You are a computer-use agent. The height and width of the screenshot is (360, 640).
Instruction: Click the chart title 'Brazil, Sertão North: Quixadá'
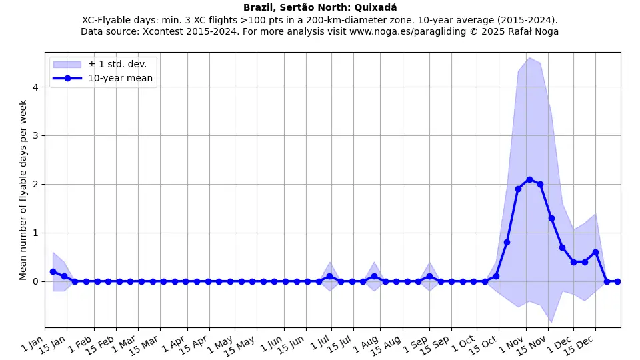(320, 7)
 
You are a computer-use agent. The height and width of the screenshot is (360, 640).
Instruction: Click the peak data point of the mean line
(529, 179)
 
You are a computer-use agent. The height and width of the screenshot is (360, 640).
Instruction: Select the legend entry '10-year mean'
(120, 78)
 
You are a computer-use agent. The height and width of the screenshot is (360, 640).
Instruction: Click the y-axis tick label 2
(37, 184)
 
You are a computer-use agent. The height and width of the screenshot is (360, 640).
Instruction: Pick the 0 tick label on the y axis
(37, 281)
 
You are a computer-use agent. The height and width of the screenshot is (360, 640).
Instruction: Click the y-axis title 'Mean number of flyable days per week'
(23, 190)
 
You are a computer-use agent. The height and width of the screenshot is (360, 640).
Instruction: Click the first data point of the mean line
(53, 271)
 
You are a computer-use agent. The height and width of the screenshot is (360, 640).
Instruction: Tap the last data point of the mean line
(617, 281)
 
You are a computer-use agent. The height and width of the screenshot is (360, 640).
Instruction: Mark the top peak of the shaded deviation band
(529, 58)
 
